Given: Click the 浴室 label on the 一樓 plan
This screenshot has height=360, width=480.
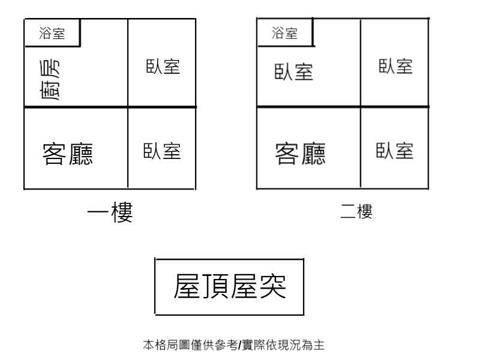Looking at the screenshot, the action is click(x=52, y=33).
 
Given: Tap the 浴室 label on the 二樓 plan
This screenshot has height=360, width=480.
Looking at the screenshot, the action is click(x=284, y=33).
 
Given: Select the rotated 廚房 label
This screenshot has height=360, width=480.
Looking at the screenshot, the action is click(x=50, y=80).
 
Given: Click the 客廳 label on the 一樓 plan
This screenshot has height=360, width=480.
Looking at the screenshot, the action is click(x=68, y=154).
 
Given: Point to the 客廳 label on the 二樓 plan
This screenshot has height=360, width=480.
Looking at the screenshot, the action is click(x=301, y=154).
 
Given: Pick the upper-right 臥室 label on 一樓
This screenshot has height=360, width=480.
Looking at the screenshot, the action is click(x=163, y=67).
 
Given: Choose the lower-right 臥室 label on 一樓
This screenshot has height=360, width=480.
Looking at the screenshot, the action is click(x=162, y=151).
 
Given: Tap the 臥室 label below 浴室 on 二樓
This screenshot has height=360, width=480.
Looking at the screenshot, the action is click(x=294, y=72).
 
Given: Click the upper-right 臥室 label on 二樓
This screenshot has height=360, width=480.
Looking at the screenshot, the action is click(x=395, y=67).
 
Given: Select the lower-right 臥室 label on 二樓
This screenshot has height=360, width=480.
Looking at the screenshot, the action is click(x=395, y=151).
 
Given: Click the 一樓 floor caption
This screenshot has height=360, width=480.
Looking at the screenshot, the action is click(x=110, y=212).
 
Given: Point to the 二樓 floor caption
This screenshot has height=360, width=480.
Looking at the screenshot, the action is click(x=356, y=212).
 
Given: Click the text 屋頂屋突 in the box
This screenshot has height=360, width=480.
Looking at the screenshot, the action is click(x=230, y=286).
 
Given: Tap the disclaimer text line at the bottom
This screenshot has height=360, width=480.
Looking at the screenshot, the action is click(x=233, y=345).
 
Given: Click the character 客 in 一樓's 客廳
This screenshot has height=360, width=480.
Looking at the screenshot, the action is click(x=54, y=154).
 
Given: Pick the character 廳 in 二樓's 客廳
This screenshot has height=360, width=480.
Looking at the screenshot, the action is click(x=313, y=154).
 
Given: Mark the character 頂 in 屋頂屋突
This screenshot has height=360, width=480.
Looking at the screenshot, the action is click(x=215, y=286).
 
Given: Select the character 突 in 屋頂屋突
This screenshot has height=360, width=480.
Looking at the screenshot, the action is click(x=273, y=286).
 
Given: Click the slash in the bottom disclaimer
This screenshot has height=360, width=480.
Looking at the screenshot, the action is click(x=239, y=345).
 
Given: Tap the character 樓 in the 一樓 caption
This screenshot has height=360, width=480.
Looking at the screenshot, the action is click(x=122, y=212).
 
